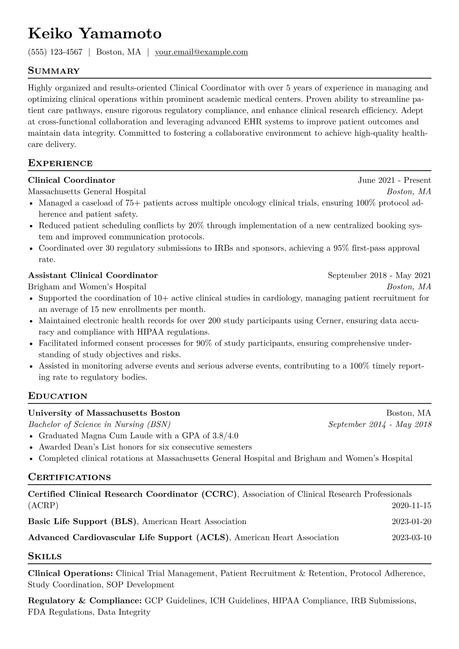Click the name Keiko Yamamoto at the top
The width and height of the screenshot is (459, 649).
click(x=94, y=34)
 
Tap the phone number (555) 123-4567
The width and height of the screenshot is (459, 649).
click(x=55, y=52)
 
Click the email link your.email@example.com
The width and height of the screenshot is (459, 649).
click(x=201, y=52)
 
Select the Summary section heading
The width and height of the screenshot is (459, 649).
click(x=54, y=71)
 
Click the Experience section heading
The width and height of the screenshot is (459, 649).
click(x=60, y=163)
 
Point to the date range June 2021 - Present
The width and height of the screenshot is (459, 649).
click(x=394, y=180)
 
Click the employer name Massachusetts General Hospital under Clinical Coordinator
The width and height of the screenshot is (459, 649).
click(x=87, y=192)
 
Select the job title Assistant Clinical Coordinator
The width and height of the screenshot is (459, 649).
click(x=93, y=275)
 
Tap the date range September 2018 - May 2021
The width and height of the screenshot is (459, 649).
click(x=379, y=275)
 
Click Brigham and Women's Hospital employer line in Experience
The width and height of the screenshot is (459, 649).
click(x=87, y=287)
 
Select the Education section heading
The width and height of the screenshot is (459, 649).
click(x=57, y=396)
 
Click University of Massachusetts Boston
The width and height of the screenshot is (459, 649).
click(x=104, y=413)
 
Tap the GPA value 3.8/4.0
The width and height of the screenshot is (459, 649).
click(x=225, y=436)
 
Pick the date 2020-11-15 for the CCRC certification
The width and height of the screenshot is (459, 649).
click(x=411, y=506)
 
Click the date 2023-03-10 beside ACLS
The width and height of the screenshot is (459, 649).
click(x=411, y=538)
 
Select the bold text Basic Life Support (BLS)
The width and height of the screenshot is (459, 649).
click(x=83, y=522)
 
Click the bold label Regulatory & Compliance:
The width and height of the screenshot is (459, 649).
click(x=85, y=601)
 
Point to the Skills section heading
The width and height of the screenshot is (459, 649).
click(x=45, y=556)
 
